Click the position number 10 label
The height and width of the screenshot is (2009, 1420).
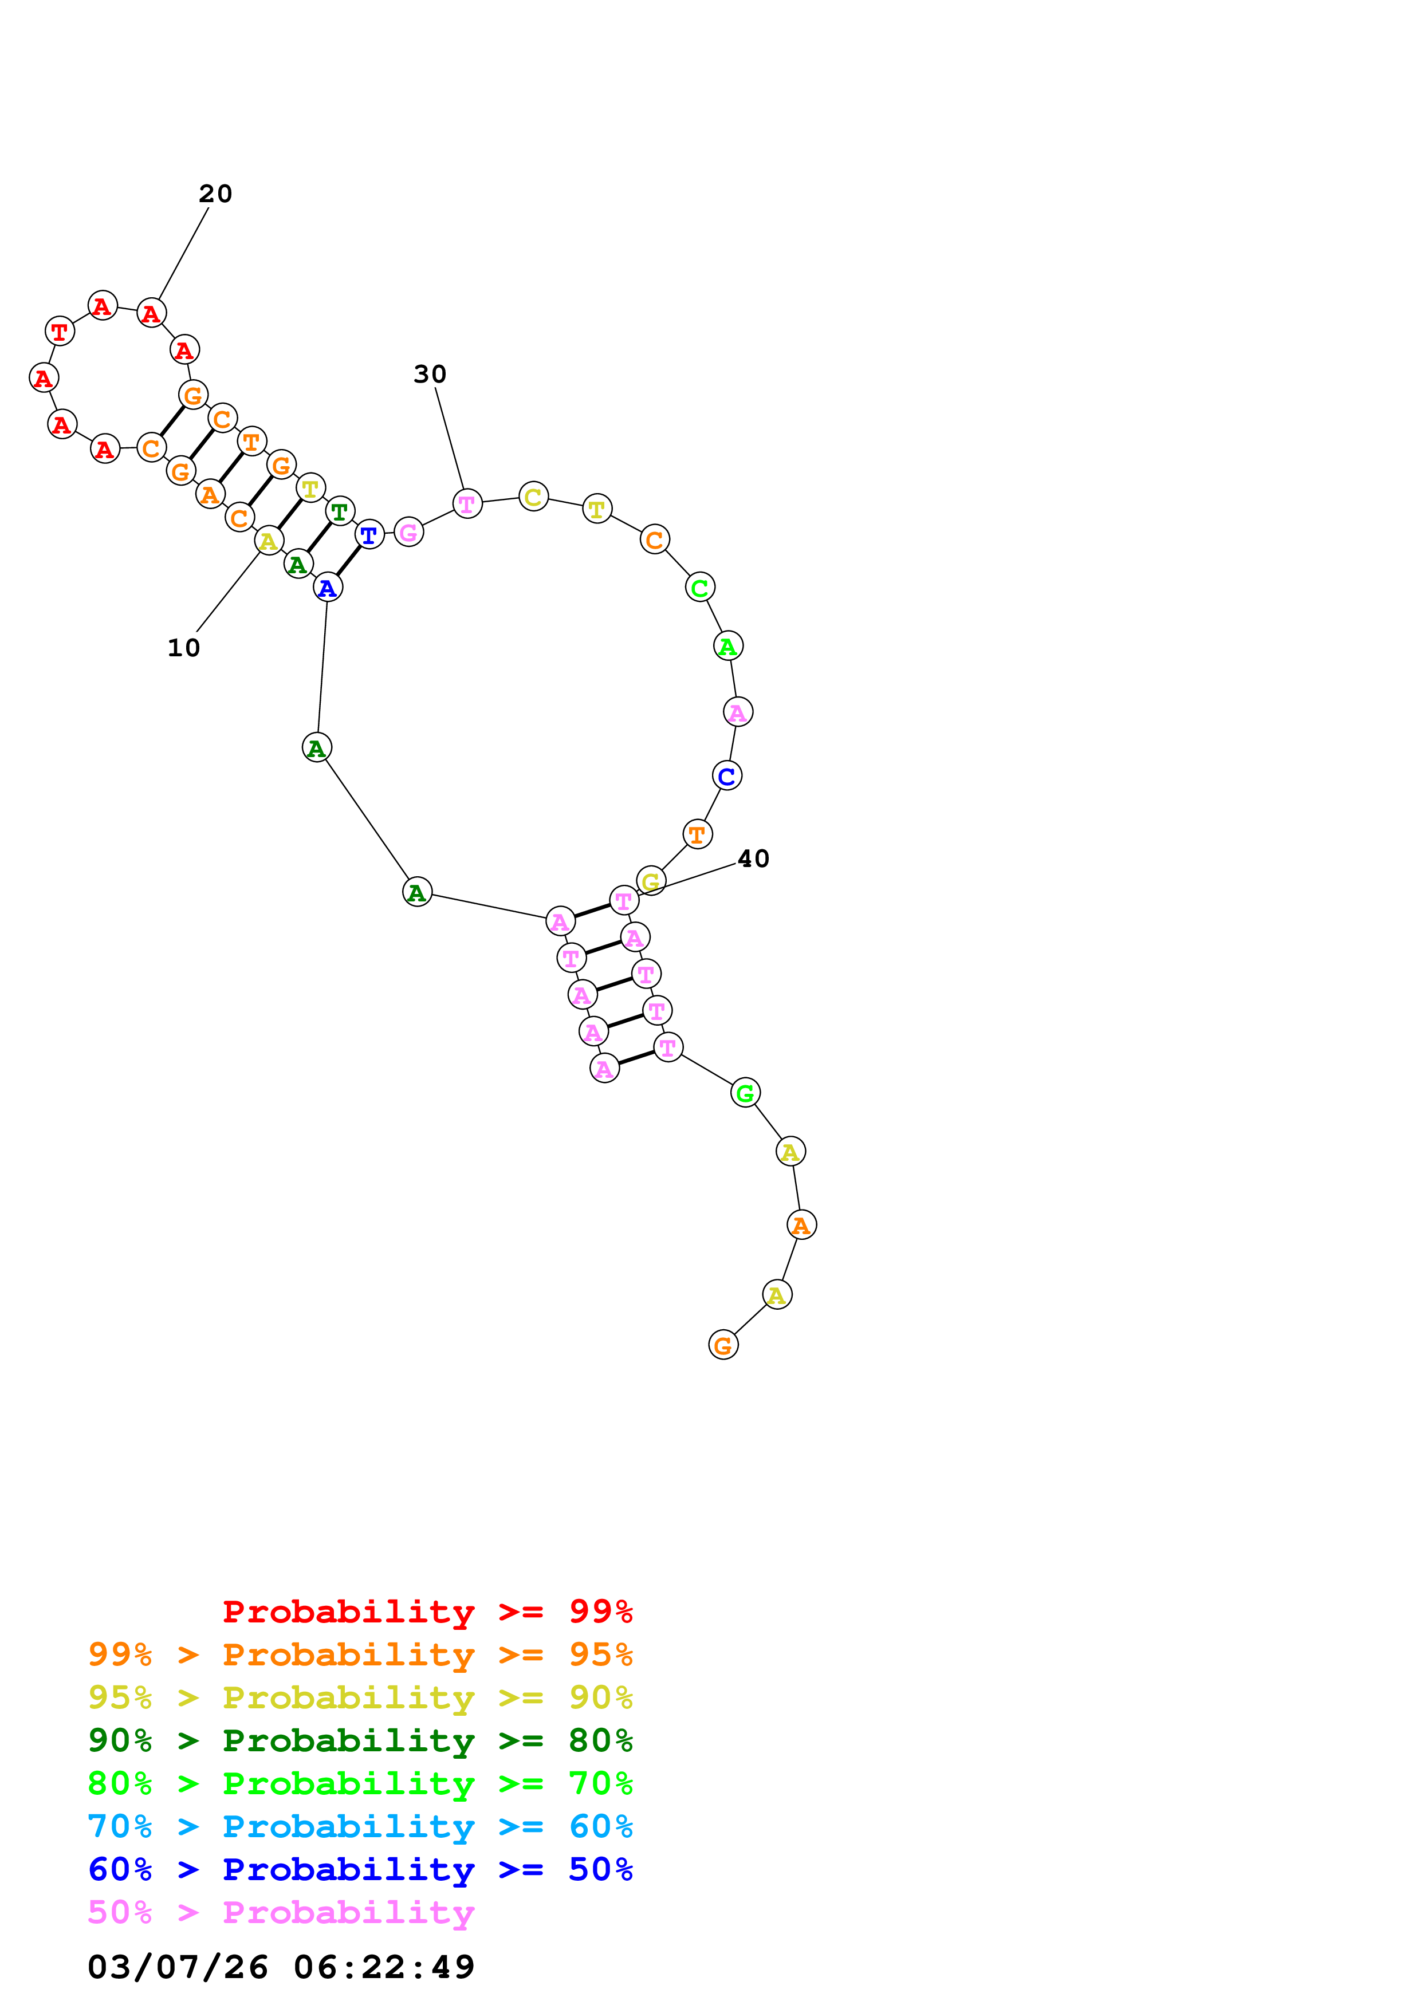(184, 648)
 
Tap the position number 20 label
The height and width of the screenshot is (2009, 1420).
(215, 194)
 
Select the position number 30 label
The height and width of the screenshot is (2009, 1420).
(430, 375)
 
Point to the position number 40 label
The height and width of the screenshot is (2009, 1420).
(753, 859)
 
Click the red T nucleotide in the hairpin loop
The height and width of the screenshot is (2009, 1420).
(60, 332)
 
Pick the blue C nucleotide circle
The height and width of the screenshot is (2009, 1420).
(727, 776)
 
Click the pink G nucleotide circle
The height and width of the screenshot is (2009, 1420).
(408, 532)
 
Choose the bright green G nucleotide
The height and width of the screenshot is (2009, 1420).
(745, 1093)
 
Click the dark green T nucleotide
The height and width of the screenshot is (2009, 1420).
(340, 511)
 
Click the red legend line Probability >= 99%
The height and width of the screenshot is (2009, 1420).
(427, 1612)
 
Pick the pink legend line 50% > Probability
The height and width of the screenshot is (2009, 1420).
(281, 1913)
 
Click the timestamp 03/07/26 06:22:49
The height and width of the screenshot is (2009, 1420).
(281, 1967)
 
